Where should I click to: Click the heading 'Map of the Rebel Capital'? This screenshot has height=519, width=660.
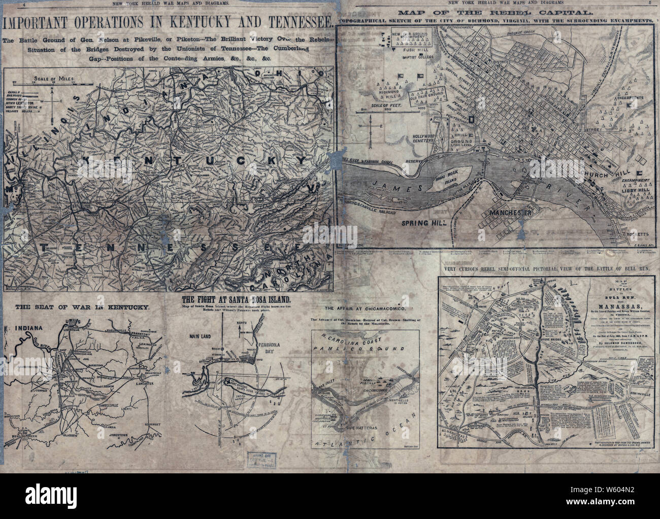coord(497,11)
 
